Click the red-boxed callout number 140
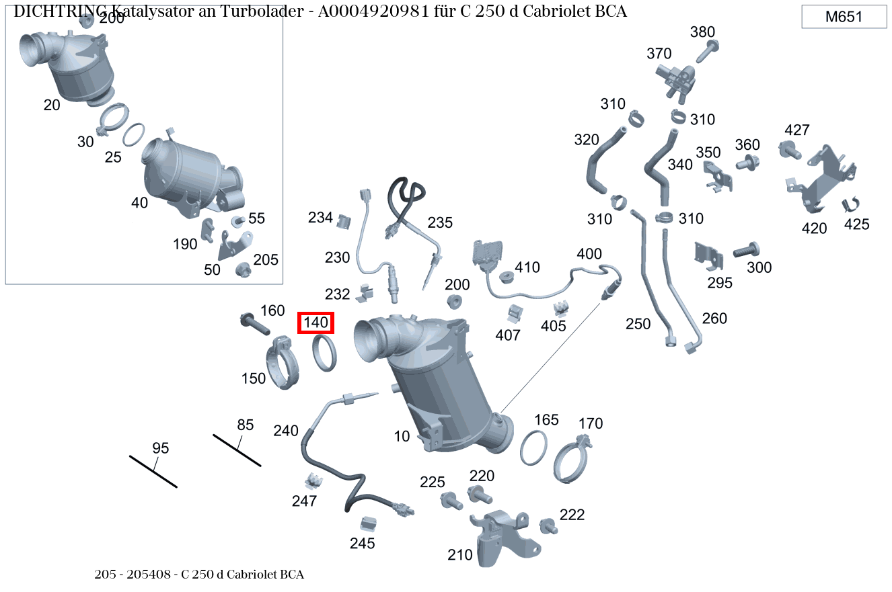tap(315, 323)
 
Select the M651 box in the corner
tap(844, 17)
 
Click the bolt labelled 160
tap(253, 323)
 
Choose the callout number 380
tap(702, 32)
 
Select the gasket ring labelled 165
tap(533, 448)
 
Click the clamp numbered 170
tap(576, 460)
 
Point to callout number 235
tap(440, 222)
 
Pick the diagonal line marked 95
tap(153, 470)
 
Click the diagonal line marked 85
tap(237, 450)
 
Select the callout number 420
tap(814, 228)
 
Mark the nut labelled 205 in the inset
tap(243, 270)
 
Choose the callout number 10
tap(402, 436)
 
